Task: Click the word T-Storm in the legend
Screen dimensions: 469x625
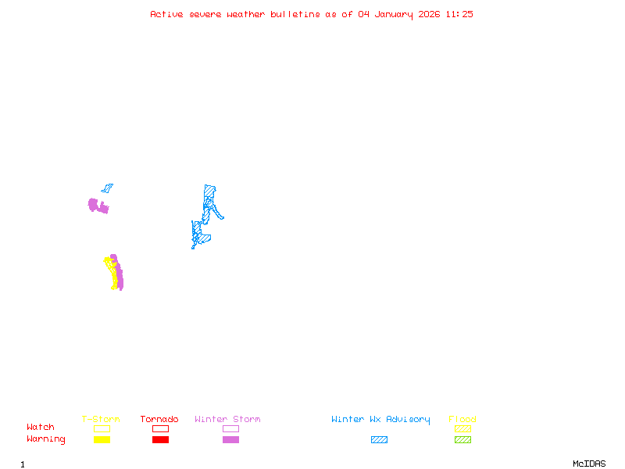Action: pyautogui.click(x=101, y=420)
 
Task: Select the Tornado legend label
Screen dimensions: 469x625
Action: pyautogui.click(x=159, y=420)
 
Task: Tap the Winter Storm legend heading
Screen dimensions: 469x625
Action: pyautogui.click(x=227, y=420)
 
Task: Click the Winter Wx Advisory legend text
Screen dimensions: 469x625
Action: pyautogui.click(x=380, y=420)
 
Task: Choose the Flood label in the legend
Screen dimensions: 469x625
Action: pyautogui.click(x=462, y=420)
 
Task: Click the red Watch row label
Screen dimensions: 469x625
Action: pyautogui.click(x=41, y=428)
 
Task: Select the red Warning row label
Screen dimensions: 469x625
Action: pyautogui.click(x=46, y=439)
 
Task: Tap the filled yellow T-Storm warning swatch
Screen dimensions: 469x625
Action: pyautogui.click(x=102, y=440)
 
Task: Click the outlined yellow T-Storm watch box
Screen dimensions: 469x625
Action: pyautogui.click(x=102, y=428)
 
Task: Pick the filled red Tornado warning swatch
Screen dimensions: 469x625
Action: pyautogui.click(x=160, y=440)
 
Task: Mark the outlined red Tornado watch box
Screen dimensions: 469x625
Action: pyautogui.click(x=160, y=428)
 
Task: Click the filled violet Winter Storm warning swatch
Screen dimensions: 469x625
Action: pyautogui.click(x=230, y=440)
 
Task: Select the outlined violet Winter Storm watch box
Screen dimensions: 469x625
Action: pyautogui.click(x=230, y=428)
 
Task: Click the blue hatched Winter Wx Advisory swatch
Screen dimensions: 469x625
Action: pyautogui.click(x=379, y=440)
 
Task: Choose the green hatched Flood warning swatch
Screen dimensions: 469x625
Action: pyautogui.click(x=462, y=440)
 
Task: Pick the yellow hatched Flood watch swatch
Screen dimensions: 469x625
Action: pyautogui.click(x=462, y=428)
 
